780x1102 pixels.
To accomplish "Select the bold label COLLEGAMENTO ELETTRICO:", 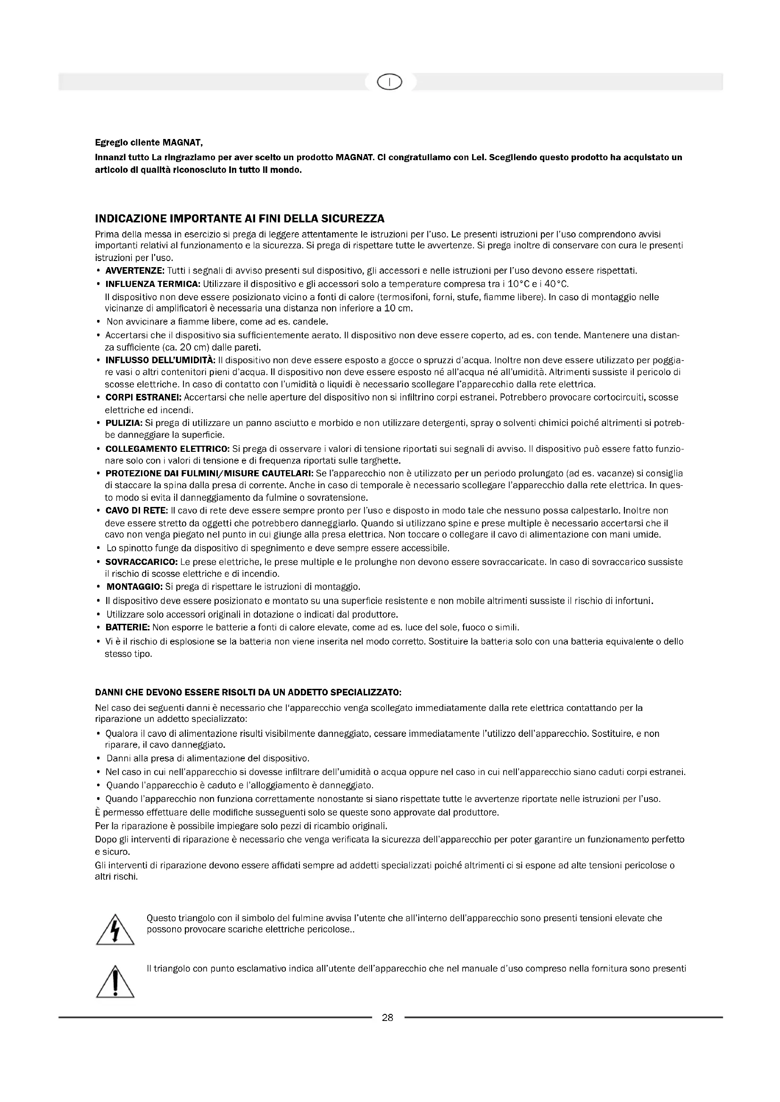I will (167, 449).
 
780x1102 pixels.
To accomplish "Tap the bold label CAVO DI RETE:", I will (136, 510).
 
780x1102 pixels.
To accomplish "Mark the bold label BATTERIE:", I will (128, 627).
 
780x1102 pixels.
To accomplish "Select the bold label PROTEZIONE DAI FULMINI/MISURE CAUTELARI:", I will (209, 473).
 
